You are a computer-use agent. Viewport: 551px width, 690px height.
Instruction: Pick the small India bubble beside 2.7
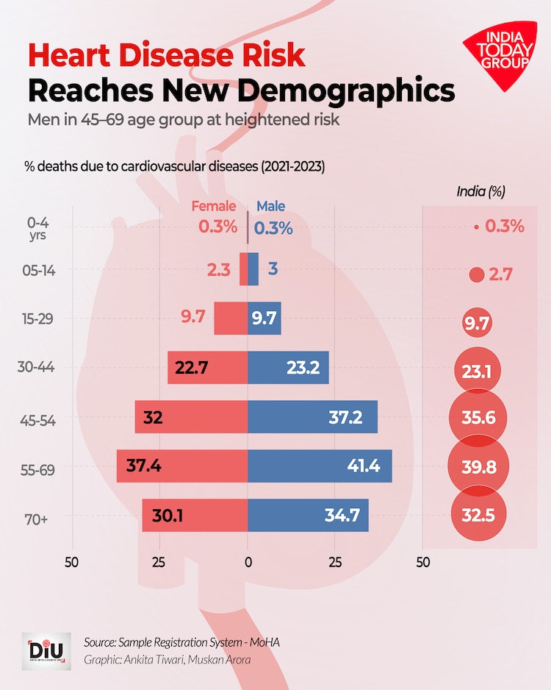478,275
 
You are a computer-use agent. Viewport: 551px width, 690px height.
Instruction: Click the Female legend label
214,207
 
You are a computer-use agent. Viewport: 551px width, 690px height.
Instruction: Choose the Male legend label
270,207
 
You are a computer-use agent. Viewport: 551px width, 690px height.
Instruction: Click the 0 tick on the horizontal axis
248,563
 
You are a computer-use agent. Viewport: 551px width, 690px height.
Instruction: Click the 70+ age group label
37,519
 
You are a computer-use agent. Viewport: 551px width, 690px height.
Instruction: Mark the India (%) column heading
481,192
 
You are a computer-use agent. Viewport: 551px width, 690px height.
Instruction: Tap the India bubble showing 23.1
478,371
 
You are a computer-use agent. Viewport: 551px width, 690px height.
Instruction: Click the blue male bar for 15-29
264,319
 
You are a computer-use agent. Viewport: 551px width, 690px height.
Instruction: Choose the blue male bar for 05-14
253,269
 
